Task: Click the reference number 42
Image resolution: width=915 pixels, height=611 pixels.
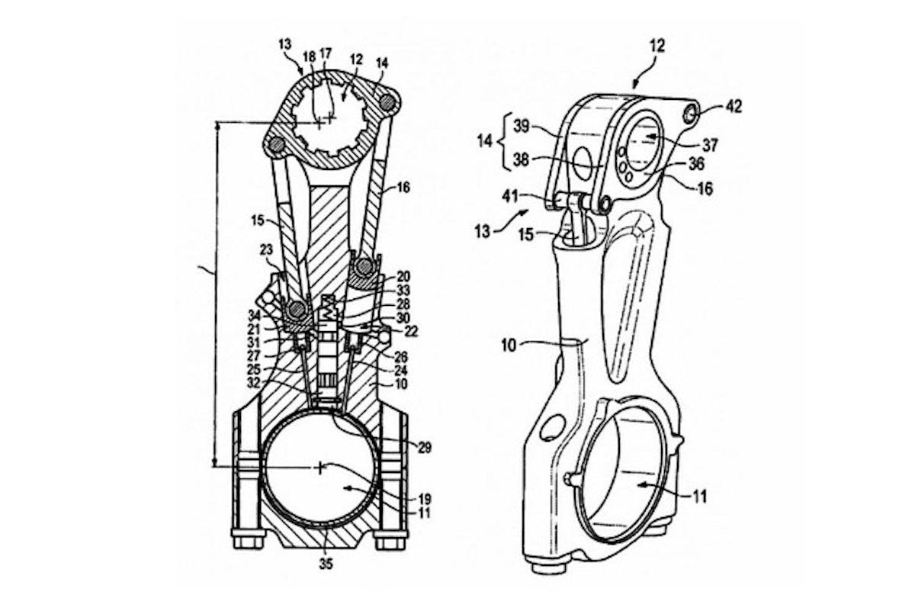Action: click(734, 107)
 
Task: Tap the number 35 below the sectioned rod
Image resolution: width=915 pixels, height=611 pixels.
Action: click(326, 564)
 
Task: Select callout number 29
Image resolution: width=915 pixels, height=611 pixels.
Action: click(425, 448)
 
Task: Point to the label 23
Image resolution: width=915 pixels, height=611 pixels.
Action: click(266, 249)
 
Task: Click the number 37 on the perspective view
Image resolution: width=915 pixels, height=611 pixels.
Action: click(710, 145)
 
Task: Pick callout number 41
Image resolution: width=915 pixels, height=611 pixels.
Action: click(510, 197)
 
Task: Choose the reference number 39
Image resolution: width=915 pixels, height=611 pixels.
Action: click(522, 126)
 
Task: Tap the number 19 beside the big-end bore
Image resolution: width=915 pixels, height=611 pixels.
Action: click(425, 499)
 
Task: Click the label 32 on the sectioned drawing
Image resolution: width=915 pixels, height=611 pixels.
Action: click(254, 383)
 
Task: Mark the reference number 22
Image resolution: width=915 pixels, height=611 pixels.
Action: click(411, 332)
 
